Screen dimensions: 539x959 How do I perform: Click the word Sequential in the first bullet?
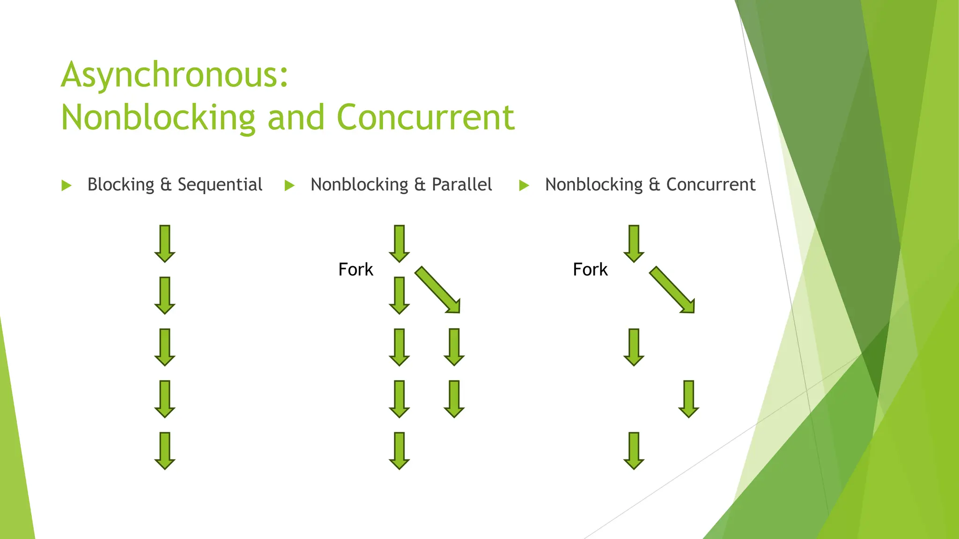(x=220, y=185)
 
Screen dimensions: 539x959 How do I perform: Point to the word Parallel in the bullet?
(x=461, y=185)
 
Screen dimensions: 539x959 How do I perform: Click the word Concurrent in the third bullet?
(x=710, y=185)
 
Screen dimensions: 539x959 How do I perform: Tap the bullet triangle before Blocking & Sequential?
(x=66, y=186)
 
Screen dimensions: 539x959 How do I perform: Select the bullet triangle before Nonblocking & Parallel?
(x=290, y=186)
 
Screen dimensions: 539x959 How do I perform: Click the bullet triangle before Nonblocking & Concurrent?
(x=524, y=186)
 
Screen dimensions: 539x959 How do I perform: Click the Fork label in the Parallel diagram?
(x=355, y=269)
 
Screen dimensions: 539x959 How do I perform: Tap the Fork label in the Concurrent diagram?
(x=590, y=269)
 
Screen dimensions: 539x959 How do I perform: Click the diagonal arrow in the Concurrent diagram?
(x=672, y=290)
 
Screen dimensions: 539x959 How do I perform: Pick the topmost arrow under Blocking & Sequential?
(x=165, y=243)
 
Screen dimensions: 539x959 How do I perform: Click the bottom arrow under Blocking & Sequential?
(x=165, y=451)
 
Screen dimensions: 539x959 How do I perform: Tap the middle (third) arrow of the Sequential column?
(x=165, y=347)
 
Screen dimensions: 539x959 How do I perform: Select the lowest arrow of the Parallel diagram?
(x=399, y=451)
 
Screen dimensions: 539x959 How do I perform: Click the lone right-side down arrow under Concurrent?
(x=688, y=399)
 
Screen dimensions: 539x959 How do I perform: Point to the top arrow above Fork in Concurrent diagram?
(x=634, y=243)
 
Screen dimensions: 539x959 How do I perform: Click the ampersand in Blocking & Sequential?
(x=166, y=185)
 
